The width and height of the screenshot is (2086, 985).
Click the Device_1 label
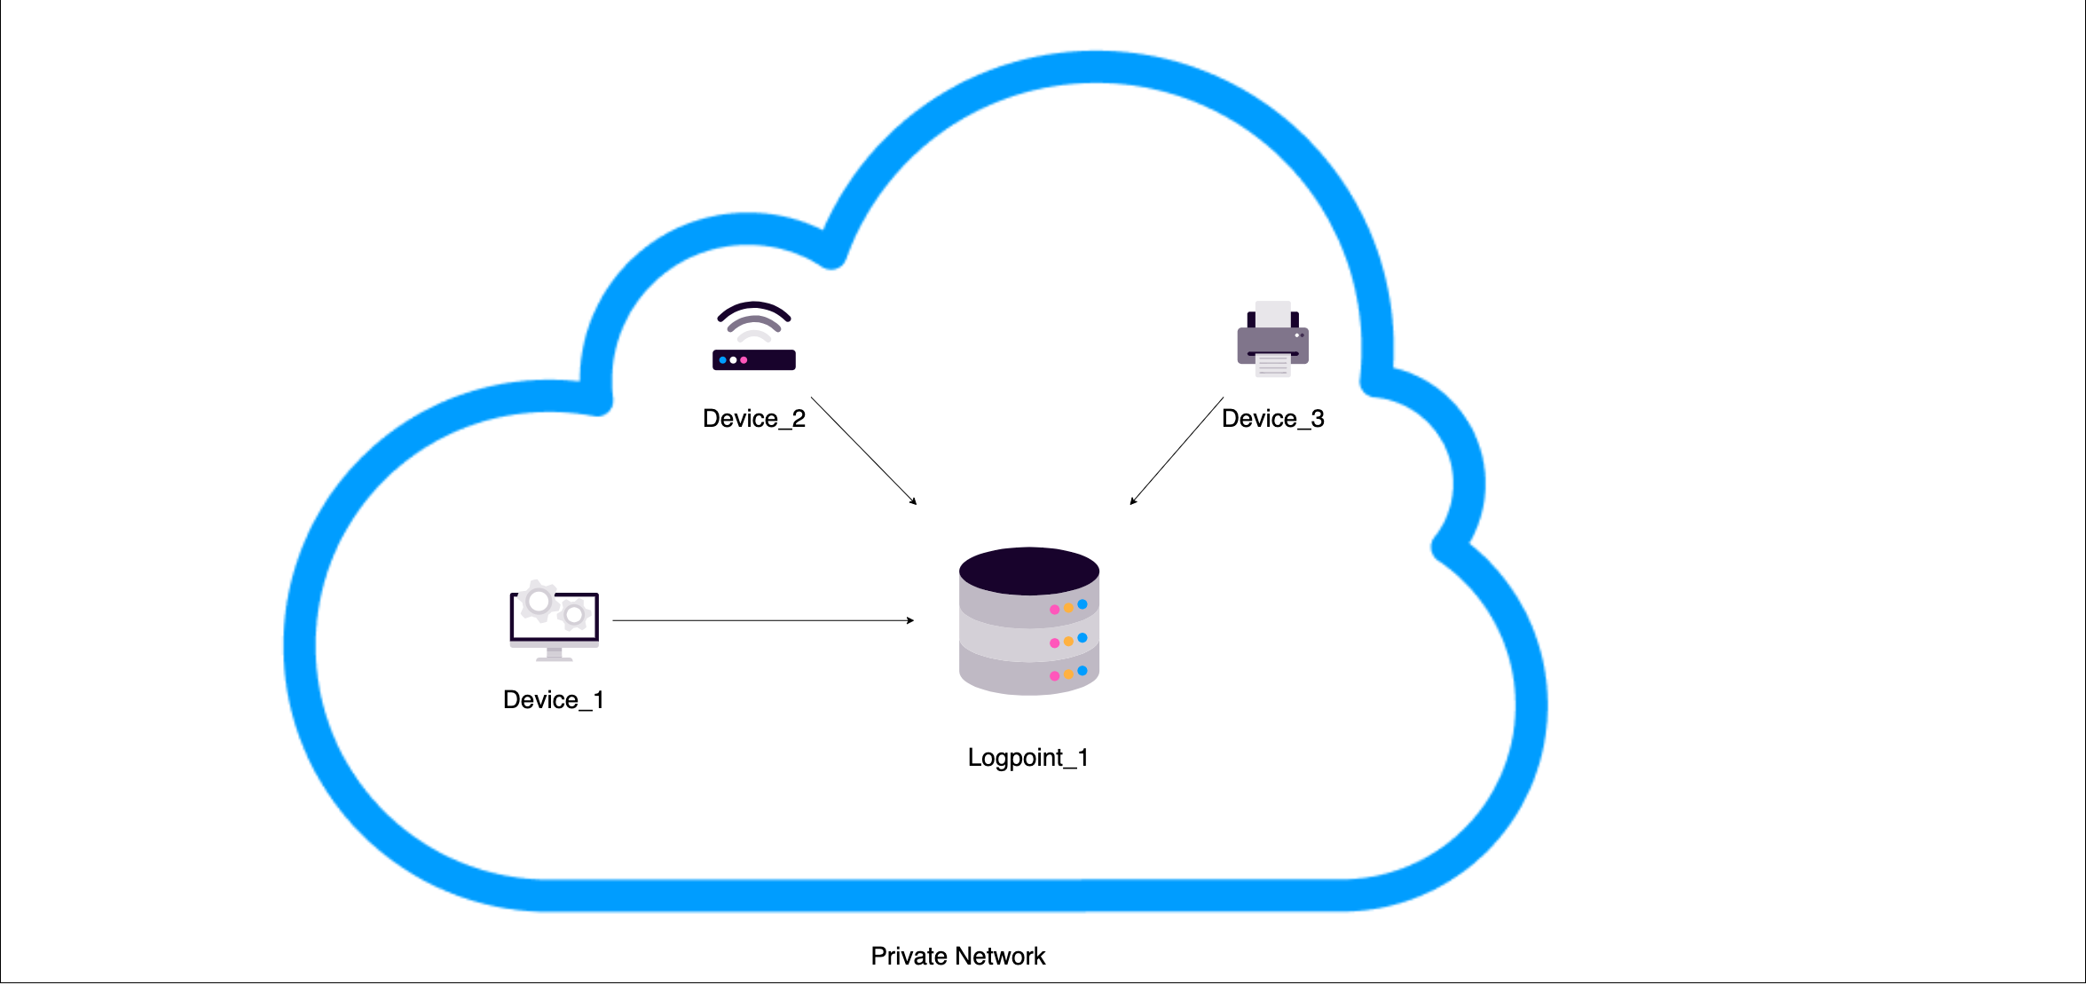(x=554, y=700)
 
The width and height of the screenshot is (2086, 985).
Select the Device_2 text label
(x=753, y=419)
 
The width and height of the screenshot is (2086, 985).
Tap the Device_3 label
(x=1272, y=419)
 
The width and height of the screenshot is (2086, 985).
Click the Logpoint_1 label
(x=1027, y=758)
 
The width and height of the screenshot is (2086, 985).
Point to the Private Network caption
(x=957, y=957)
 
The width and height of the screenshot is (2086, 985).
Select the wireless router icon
(x=753, y=337)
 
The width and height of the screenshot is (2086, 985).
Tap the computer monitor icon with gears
(x=554, y=621)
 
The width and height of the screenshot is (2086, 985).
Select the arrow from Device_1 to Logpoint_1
(x=763, y=620)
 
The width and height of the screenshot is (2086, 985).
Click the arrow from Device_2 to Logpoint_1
(x=863, y=451)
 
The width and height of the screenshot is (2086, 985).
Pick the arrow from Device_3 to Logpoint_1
(x=1177, y=451)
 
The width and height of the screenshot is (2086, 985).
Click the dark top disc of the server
(x=1028, y=571)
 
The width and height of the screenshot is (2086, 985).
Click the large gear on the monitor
(x=539, y=602)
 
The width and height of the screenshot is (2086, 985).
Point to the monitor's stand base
(x=554, y=658)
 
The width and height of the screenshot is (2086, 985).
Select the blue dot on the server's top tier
(x=1082, y=604)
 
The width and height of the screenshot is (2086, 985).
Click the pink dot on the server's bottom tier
(x=1054, y=676)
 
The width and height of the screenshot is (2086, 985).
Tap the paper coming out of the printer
(x=1272, y=366)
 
